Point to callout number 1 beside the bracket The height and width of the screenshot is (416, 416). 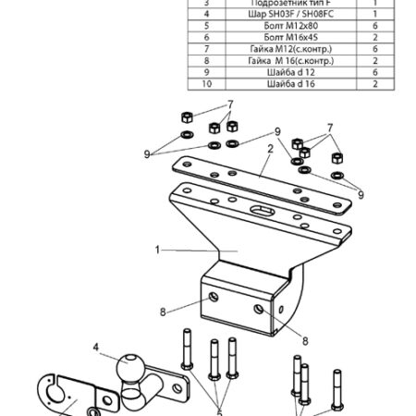click(x=158, y=250)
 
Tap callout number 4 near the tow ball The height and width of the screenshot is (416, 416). click(x=94, y=349)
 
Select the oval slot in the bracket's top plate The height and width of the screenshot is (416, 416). click(x=261, y=211)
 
